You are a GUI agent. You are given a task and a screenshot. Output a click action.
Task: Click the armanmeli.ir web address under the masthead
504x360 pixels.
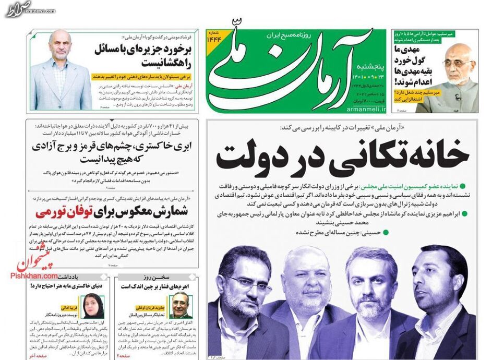click(366, 110)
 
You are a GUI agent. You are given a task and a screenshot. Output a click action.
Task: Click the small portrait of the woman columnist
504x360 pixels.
click(94, 306)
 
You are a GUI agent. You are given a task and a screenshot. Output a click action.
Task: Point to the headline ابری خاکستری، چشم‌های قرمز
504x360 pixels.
click(115, 148)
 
